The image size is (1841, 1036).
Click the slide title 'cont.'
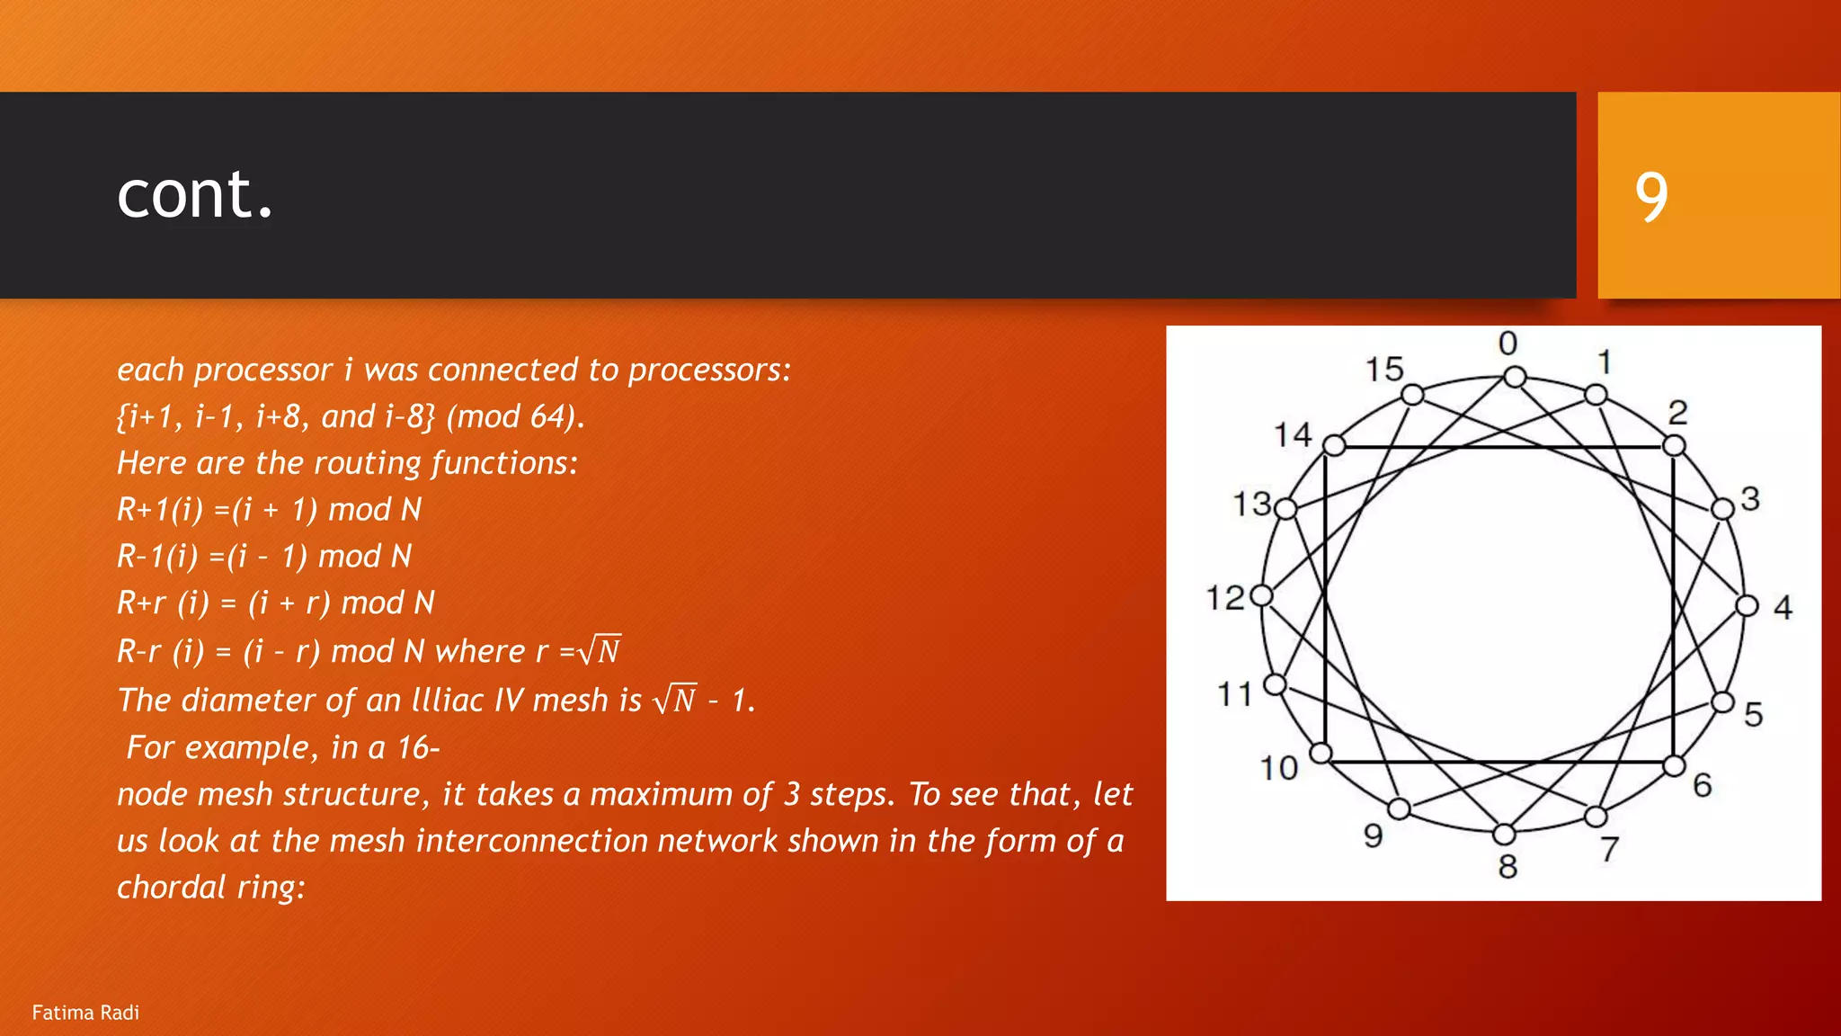tap(194, 194)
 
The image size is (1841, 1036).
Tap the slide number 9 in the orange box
tap(1651, 197)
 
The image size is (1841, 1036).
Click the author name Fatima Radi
tap(85, 1013)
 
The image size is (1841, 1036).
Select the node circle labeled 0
tap(1515, 377)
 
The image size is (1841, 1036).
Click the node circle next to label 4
tap(1747, 605)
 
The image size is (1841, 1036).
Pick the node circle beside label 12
tap(1262, 595)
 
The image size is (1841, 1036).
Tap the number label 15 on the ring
tap(1384, 369)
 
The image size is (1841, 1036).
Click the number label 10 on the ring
tap(1278, 768)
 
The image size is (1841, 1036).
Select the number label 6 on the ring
tap(1703, 785)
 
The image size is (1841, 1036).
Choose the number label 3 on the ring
tap(1749, 498)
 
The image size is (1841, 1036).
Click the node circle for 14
tap(1334, 445)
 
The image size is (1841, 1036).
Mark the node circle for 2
tap(1673, 445)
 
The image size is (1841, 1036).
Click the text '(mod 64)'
tap(515, 416)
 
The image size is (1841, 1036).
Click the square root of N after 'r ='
tap(600, 650)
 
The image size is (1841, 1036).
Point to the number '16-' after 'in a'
tap(418, 747)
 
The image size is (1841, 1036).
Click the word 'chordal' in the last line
tap(172, 888)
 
